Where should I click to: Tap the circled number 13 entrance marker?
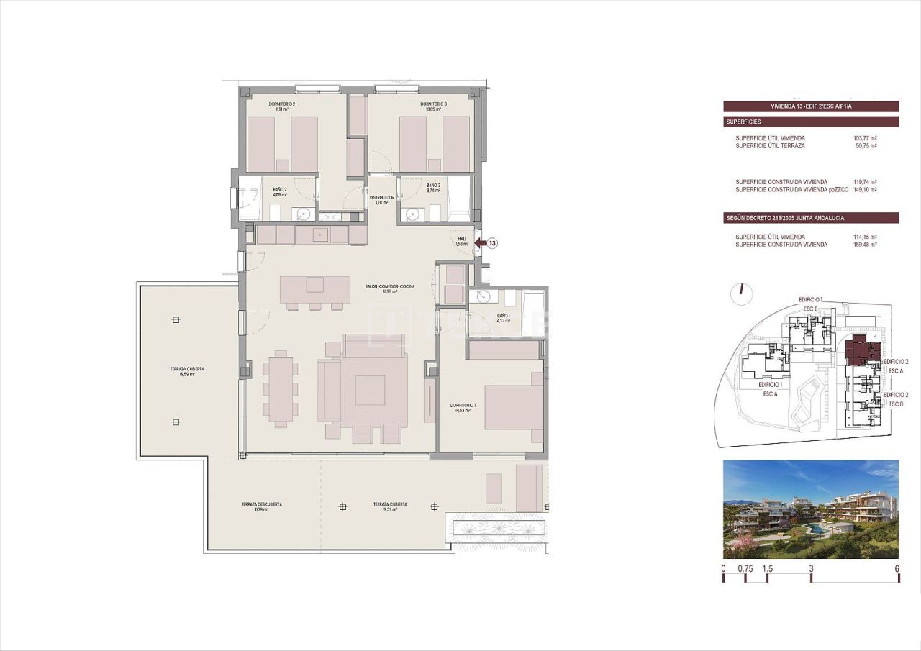pos(492,243)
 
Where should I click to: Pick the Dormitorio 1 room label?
pos(458,408)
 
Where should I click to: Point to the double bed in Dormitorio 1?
pos(514,407)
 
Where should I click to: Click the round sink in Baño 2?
pos(304,214)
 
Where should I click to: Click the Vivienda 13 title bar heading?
pos(811,106)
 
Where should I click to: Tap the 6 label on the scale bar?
pos(897,568)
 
